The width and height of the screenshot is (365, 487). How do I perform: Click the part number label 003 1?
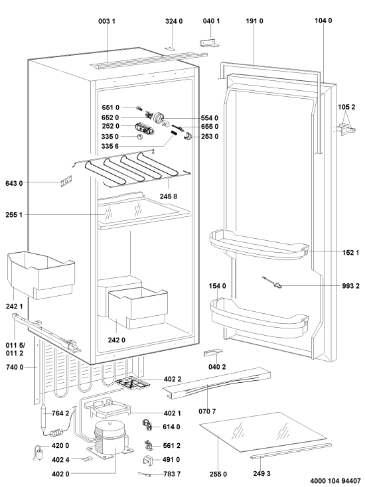click(x=107, y=21)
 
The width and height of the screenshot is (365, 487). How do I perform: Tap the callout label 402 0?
click(x=60, y=474)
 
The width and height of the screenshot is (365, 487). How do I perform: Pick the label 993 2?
click(x=350, y=286)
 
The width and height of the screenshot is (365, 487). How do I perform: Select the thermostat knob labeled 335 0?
click(x=140, y=137)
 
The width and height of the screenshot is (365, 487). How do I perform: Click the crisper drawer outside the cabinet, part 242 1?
click(x=41, y=275)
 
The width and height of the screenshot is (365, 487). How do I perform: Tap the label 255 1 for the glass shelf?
click(x=14, y=214)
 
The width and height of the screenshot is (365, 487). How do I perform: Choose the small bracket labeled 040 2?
click(x=213, y=352)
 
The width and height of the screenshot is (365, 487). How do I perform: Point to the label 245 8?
click(x=169, y=196)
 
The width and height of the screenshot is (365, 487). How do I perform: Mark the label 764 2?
click(x=60, y=413)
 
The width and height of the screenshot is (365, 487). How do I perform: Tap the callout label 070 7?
click(x=207, y=411)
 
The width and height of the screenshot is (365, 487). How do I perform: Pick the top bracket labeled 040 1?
click(x=209, y=42)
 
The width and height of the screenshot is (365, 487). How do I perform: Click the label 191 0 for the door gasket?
click(x=254, y=21)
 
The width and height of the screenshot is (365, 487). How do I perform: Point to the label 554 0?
click(x=210, y=118)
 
